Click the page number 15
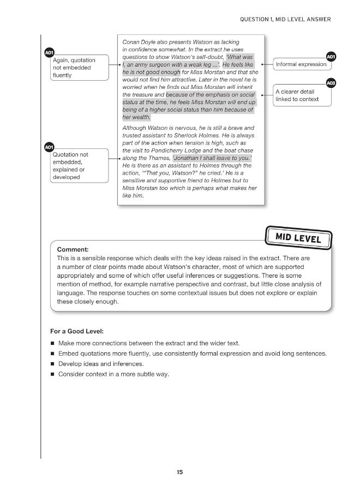179,472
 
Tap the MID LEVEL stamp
298,238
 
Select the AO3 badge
330,83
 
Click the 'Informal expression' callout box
301,64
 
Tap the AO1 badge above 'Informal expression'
330,56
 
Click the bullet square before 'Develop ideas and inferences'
52,364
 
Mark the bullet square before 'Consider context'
52,374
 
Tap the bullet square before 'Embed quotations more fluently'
52,354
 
